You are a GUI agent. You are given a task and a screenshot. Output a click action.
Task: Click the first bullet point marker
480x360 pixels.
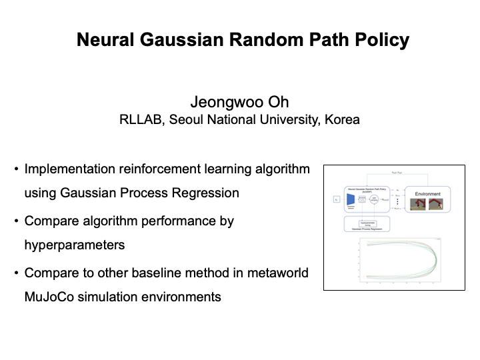(x=16, y=169)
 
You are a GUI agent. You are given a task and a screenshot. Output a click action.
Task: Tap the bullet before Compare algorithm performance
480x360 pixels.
(x=16, y=221)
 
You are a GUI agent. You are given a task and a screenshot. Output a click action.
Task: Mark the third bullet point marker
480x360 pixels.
(x=16, y=273)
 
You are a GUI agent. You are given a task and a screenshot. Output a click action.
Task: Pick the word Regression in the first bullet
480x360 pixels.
(x=207, y=193)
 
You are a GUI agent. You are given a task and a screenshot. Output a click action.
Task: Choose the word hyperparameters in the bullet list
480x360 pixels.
(x=75, y=245)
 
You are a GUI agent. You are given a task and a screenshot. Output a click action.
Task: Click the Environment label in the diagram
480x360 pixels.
(x=427, y=194)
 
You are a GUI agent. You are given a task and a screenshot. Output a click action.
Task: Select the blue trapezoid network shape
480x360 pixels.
(x=349, y=199)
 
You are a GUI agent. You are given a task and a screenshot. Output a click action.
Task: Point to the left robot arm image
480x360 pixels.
(x=418, y=203)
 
